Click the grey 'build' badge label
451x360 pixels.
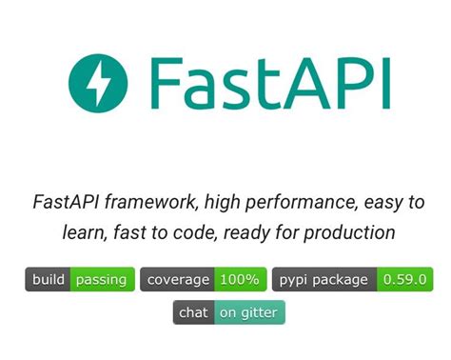pyautogui.click(x=49, y=280)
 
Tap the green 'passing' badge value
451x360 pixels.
pyautogui.click(x=102, y=280)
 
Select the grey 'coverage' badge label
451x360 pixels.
pyautogui.click(x=177, y=280)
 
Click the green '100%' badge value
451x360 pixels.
pyautogui.click(x=239, y=280)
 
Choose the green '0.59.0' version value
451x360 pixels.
pyautogui.click(x=405, y=280)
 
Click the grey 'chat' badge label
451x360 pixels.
pyautogui.click(x=193, y=312)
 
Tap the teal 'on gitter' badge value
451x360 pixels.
pyautogui.click(x=248, y=312)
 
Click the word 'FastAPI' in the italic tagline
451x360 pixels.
pyautogui.click(x=67, y=202)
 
